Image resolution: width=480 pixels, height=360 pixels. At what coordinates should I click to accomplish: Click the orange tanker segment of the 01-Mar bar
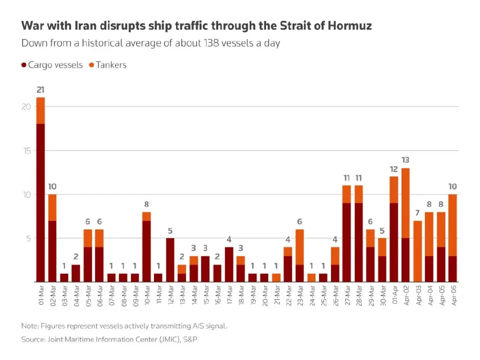[40, 110]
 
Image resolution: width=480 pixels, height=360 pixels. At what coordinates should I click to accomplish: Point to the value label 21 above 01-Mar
[40, 90]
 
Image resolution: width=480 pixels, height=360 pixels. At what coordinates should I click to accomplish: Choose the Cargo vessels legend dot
[24, 65]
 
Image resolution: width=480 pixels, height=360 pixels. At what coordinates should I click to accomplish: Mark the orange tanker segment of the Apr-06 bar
[452, 225]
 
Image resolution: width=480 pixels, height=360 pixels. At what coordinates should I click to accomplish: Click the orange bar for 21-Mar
[276, 277]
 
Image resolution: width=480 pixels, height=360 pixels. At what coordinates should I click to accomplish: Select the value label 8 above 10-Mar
[146, 204]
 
